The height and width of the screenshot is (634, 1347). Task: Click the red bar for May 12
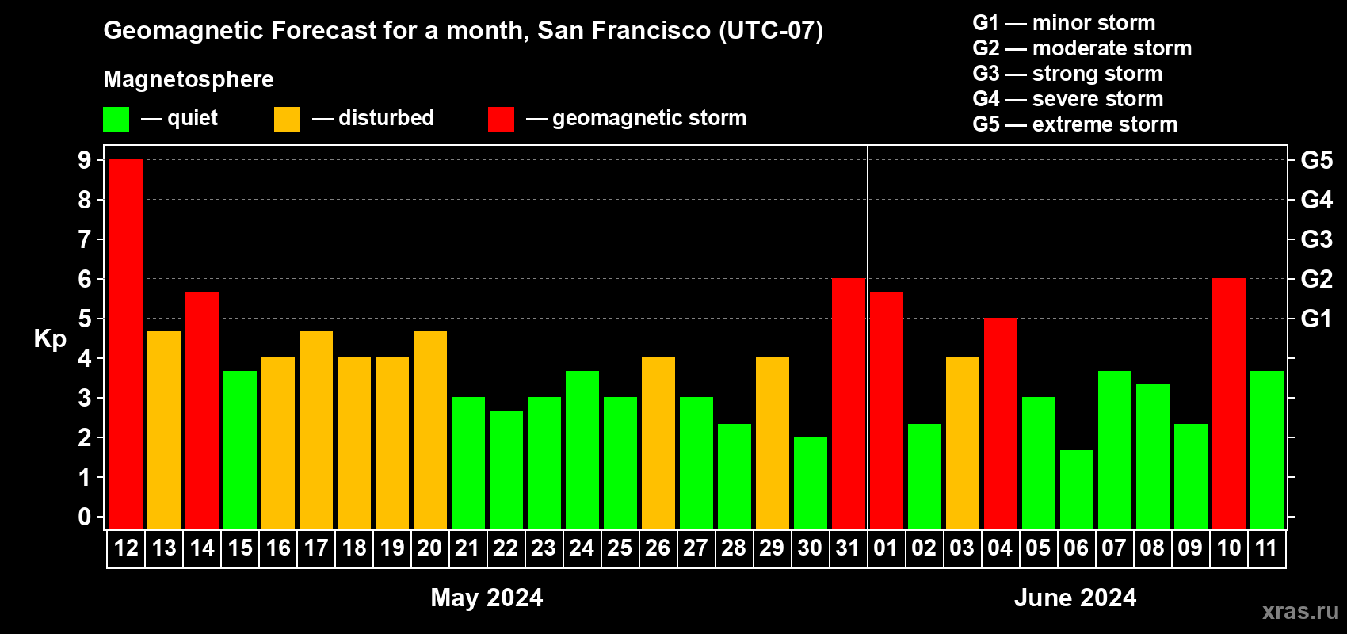pyautogui.click(x=126, y=344)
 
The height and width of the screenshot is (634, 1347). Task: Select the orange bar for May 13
pyautogui.click(x=164, y=430)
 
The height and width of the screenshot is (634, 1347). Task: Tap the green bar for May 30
pyautogui.click(x=811, y=483)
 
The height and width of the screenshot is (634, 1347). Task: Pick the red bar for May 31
pyautogui.click(x=849, y=403)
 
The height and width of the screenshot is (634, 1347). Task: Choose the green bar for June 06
pyautogui.click(x=1076, y=490)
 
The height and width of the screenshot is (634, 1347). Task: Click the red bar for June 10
pyautogui.click(x=1228, y=403)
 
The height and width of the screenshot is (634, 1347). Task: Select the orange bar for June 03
pyautogui.click(x=963, y=443)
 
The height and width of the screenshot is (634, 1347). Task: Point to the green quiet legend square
pyautogui.click(x=116, y=119)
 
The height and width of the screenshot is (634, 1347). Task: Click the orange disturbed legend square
pyautogui.click(x=287, y=119)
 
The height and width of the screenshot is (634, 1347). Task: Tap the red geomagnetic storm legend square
pyautogui.click(x=501, y=119)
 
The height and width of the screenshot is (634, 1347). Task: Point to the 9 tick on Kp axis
pyautogui.click(x=84, y=160)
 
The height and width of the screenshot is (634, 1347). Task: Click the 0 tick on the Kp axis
pyautogui.click(x=84, y=517)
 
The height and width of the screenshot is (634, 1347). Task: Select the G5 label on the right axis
pyautogui.click(x=1316, y=160)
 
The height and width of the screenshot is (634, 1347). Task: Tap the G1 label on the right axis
pyautogui.click(x=1316, y=319)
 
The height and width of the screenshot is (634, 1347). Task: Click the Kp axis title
pyautogui.click(x=50, y=339)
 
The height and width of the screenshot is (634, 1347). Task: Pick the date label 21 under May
pyautogui.click(x=467, y=548)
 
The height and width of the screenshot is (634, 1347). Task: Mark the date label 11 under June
pyautogui.click(x=1266, y=548)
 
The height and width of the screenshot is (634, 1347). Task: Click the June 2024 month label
pyautogui.click(x=1075, y=598)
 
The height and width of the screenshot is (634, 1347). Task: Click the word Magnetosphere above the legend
pyautogui.click(x=189, y=79)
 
